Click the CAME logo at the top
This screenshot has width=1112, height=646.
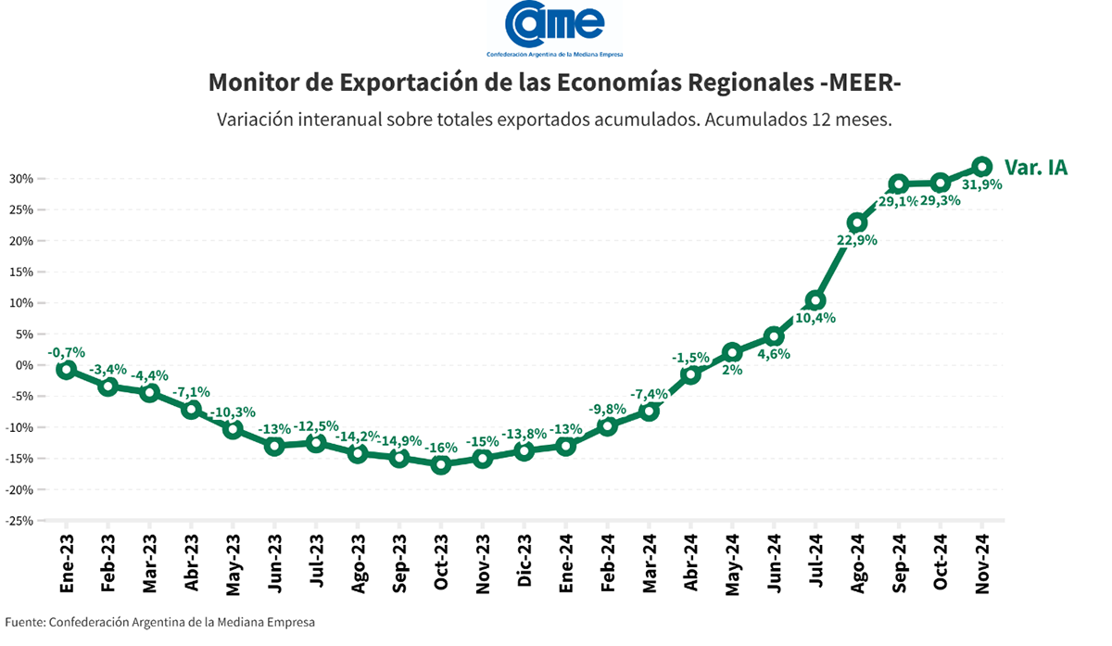point(555,26)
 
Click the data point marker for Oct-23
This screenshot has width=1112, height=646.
point(441,464)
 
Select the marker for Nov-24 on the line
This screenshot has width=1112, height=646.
point(982,167)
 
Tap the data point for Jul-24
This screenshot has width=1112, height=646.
point(815,300)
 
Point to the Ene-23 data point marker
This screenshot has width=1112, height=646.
point(66,369)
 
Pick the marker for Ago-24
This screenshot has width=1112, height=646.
point(857,222)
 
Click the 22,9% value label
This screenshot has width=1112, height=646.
point(856,240)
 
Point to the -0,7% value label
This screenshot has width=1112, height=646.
point(67,352)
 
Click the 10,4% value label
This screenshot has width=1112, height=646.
point(815,318)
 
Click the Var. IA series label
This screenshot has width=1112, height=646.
point(1036,168)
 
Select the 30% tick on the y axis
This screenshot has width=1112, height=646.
point(22,179)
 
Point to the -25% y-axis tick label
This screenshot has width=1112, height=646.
point(20,521)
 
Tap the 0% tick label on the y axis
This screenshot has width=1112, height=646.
point(25,365)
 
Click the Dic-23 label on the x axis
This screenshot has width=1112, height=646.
point(524,563)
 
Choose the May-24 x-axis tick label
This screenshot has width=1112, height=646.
point(732,563)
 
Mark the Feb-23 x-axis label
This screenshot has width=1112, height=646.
point(107,563)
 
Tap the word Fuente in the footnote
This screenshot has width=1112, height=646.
point(23,622)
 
